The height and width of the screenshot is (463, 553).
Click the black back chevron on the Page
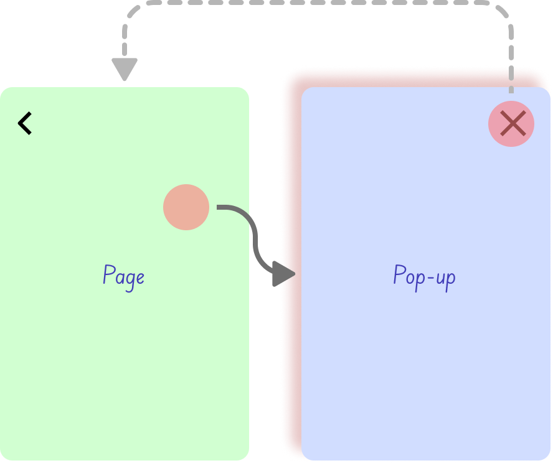(25, 123)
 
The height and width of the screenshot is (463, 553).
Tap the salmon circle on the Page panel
(186, 207)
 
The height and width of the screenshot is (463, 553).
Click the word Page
(123, 276)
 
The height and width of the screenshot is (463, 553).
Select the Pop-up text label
(424, 276)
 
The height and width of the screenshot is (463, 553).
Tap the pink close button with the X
(511, 124)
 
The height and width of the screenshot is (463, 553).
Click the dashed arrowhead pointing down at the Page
(125, 69)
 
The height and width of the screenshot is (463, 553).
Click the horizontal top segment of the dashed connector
(318, 3)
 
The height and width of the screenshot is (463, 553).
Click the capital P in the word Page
(108, 274)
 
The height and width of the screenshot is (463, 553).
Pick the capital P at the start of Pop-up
(399, 274)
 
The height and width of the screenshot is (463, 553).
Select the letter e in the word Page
(139, 277)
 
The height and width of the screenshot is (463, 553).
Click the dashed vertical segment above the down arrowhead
(125, 37)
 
